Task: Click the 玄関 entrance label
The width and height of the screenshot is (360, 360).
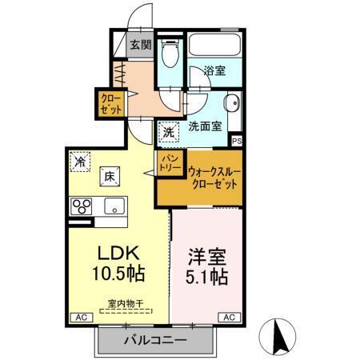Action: pos(142,45)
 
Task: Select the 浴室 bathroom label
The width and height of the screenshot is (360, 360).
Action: pos(214,70)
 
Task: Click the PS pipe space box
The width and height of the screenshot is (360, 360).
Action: pos(236,142)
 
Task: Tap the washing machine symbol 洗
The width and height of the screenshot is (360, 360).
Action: pos(168,131)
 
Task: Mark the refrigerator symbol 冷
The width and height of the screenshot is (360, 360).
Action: pos(80,161)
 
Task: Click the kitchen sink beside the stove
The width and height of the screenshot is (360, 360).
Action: pos(114,206)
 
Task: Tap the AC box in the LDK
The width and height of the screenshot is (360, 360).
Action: pos(79,318)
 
